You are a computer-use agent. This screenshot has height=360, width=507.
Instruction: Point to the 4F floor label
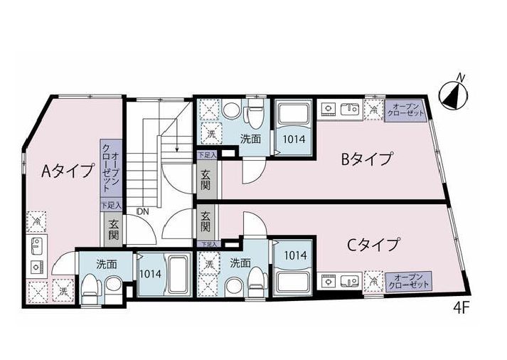[x=461, y=308]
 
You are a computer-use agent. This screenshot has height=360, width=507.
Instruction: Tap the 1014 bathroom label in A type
[x=151, y=272]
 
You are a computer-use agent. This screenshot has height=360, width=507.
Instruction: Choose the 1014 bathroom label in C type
[x=294, y=255]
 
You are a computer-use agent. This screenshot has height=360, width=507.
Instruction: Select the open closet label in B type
[x=405, y=112]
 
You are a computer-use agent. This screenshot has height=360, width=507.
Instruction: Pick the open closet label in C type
[x=407, y=280]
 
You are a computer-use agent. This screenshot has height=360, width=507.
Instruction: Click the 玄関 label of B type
[x=206, y=180]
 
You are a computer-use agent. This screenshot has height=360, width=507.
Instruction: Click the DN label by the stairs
[x=142, y=211]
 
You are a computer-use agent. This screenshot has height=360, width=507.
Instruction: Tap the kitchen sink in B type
[x=350, y=109]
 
